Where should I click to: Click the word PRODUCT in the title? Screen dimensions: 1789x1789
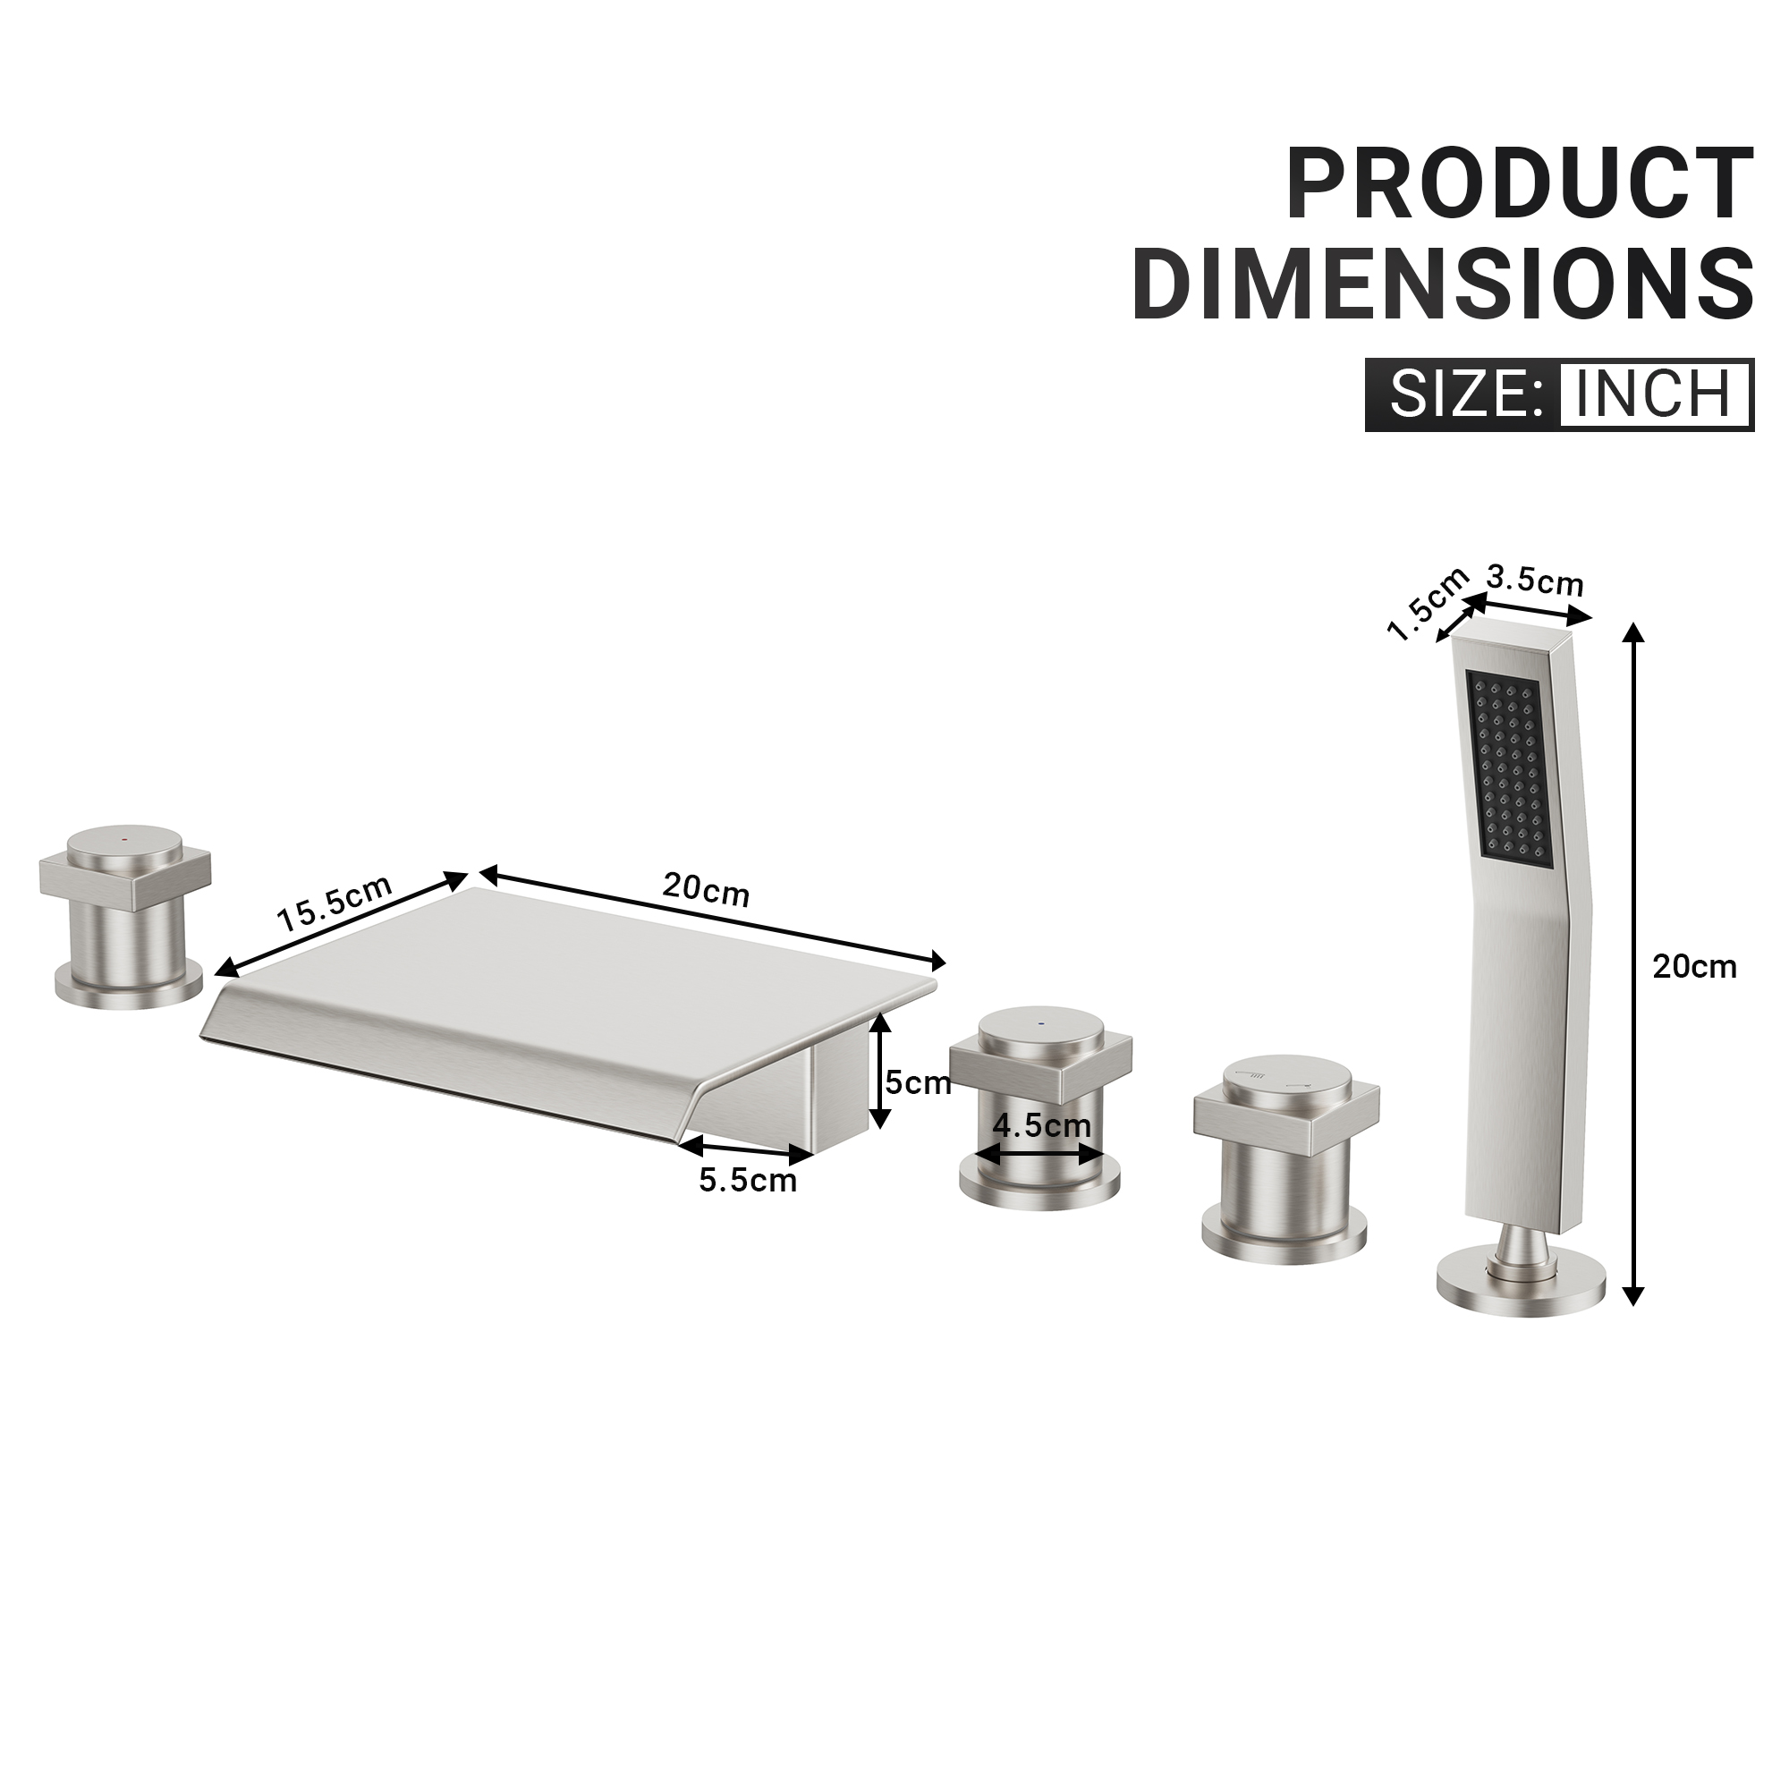click(1520, 183)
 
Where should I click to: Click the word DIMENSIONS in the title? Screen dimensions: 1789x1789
click(1442, 283)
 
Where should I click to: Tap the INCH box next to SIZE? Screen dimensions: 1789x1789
click(1654, 394)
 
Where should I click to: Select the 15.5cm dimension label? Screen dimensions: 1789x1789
click(335, 902)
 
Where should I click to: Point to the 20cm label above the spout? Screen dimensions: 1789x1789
click(706, 889)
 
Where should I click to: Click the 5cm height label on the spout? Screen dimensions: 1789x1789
click(918, 1081)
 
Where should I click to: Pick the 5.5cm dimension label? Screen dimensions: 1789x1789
click(747, 1181)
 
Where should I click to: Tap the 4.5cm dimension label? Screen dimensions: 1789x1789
click(1041, 1126)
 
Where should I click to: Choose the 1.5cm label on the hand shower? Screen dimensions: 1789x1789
click(1427, 604)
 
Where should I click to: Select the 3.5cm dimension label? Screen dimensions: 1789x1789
click(1534, 581)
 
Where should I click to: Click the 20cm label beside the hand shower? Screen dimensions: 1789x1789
click(1694, 967)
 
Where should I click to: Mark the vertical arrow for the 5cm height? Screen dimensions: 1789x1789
click(880, 1070)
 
